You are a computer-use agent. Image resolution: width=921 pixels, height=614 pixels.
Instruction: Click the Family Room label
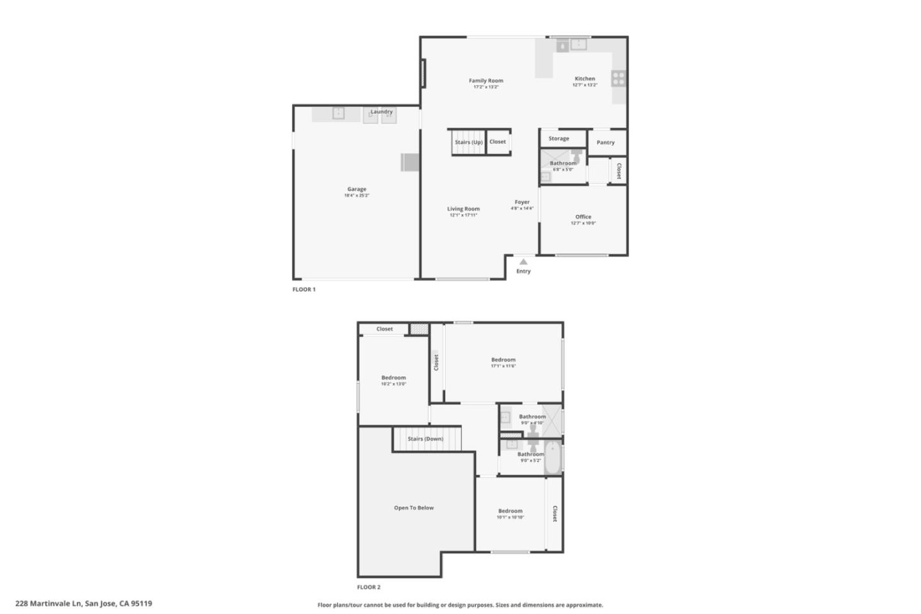point(486,81)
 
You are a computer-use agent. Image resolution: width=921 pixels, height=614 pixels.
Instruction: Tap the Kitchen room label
point(585,79)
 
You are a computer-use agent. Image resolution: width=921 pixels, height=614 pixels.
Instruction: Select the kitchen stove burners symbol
point(618,79)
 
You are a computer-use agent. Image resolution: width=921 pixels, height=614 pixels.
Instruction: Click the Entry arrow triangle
point(523,262)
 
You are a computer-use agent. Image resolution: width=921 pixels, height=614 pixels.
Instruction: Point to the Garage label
point(357,189)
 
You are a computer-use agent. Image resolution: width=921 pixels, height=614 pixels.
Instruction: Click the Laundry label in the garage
point(382,112)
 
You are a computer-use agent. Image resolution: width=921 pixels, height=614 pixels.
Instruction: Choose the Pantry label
point(606,143)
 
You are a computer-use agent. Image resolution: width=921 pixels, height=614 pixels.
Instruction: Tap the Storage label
point(558,138)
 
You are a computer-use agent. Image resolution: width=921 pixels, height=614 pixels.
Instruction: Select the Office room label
point(583,217)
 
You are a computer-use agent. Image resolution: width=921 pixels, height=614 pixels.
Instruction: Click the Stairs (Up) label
point(468,142)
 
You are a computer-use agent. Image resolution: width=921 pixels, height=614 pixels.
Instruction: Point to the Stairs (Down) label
point(425,439)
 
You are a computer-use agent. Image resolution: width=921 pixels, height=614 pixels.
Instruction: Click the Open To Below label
point(414,508)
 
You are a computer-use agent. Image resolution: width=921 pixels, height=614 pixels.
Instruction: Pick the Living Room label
point(463,209)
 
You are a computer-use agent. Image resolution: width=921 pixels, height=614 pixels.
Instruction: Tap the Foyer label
point(522,201)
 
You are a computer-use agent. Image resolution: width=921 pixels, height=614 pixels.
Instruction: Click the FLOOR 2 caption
point(369,587)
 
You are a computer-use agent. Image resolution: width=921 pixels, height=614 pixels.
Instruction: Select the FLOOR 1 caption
point(304,289)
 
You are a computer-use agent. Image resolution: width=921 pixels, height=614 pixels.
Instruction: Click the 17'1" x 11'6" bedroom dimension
point(503,366)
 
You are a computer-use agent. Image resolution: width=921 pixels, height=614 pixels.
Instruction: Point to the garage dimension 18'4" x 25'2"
point(357,196)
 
